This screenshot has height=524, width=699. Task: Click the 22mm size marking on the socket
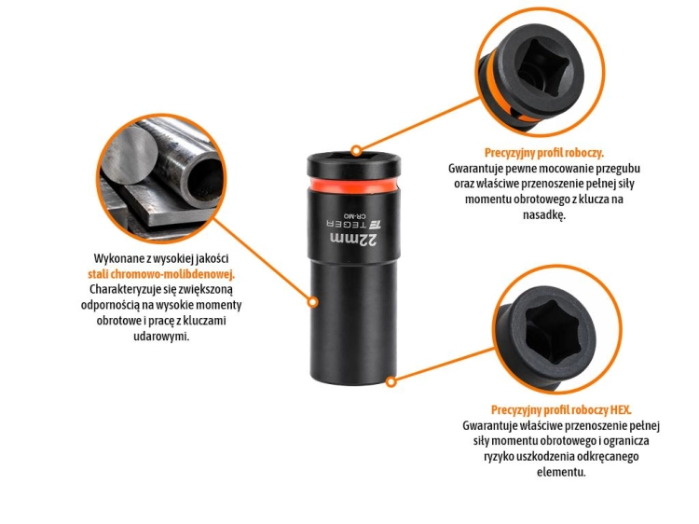point(354,240)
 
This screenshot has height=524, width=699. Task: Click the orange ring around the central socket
point(352,185)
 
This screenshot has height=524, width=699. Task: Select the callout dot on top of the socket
point(356,151)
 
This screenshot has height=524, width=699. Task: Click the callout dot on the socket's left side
point(313,302)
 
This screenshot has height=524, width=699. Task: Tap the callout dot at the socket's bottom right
point(391,381)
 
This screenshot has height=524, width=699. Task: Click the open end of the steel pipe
point(204,177)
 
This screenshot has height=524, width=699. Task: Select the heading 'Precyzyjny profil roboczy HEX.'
point(561,410)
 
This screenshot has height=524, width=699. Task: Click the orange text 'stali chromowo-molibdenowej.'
point(161,274)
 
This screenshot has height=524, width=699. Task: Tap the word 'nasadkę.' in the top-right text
point(544,215)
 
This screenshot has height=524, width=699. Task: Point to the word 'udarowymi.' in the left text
point(161,337)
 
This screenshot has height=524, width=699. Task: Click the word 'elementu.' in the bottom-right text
point(561,472)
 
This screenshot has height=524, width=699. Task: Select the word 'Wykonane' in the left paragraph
point(116,258)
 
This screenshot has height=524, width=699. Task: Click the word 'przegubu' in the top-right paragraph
point(618,169)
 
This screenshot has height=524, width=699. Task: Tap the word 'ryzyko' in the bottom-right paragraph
point(499,457)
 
